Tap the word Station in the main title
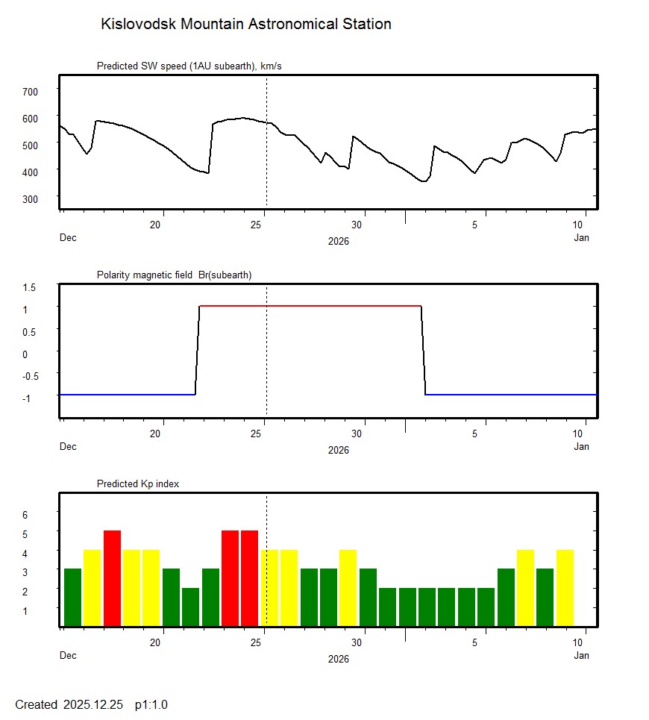[366, 24]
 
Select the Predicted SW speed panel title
[189, 66]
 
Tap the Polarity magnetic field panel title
[174, 275]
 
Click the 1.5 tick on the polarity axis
[29, 287]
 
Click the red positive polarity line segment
[310, 306]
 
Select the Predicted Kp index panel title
[138, 483]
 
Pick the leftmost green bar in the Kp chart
[72, 597]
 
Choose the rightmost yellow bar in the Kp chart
[565, 587]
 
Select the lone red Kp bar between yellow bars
[112, 578]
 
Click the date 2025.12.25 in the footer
[93, 704]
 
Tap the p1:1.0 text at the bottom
[151, 704]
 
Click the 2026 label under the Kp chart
[338, 659]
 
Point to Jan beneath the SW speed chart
[581, 238]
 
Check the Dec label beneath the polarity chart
[68, 447]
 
